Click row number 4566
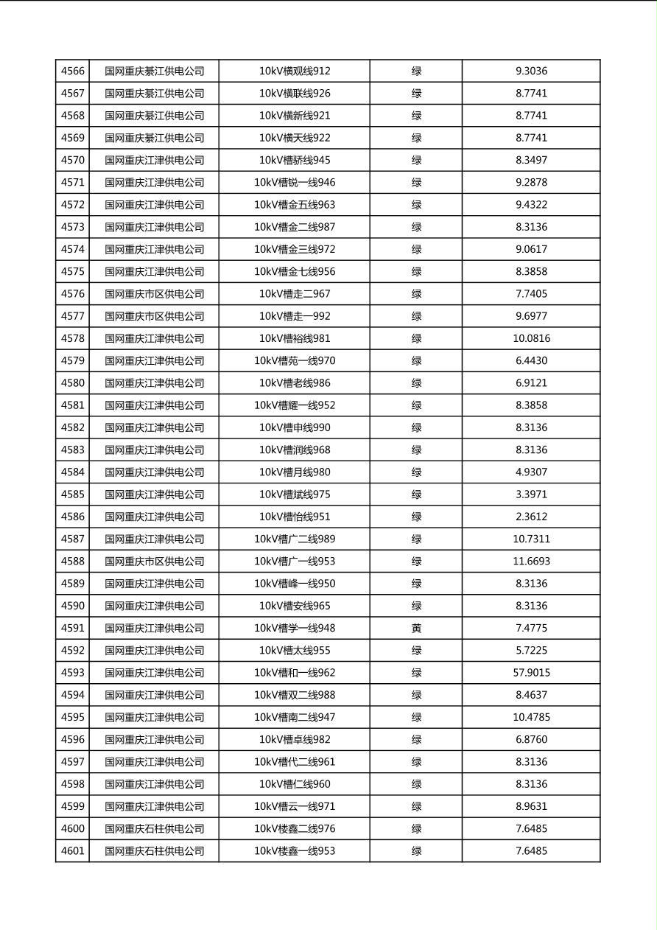pos(73,71)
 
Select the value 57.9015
pos(531,673)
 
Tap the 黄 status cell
pos(416,629)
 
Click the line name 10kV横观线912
pos(295,71)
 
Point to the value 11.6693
pos(531,562)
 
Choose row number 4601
pos(73,851)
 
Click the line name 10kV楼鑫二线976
pos(295,829)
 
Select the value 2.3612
pos(531,517)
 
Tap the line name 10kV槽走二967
pos(295,294)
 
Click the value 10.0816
pos(531,339)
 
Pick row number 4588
pos(73,562)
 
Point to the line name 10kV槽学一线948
pos(295,629)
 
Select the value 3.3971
pos(531,494)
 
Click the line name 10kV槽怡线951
pos(295,517)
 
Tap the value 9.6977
pos(531,316)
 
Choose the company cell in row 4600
pos(155,829)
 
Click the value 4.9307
pos(531,472)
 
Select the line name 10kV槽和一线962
pos(295,673)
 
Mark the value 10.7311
pos(531,539)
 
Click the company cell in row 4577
pos(155,316)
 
